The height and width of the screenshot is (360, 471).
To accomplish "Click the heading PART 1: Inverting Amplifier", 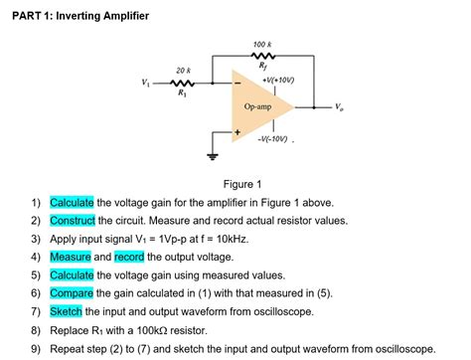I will pyautogui.click(x=80, y=16).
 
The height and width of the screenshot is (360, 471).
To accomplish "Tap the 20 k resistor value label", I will pyautogui.click(x=182, y=70).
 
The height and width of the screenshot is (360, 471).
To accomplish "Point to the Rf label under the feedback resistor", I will pyautogui.click(x=263, y=69).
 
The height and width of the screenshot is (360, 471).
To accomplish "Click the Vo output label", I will pyautogui.click(x=343, y=106).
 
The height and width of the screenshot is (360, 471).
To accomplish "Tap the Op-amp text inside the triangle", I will pyautogui.click(x=257, y=105).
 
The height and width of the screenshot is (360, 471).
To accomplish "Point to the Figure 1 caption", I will pyautogui.click(x=243, y=184).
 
